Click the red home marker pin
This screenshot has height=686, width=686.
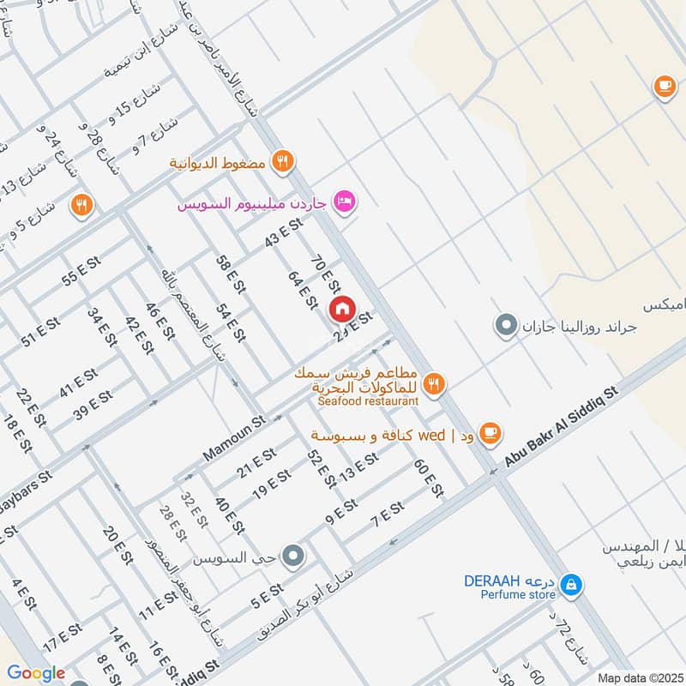341,308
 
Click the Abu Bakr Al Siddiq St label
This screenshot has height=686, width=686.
562,427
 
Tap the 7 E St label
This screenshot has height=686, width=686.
387,515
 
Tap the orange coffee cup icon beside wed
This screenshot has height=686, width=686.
490,433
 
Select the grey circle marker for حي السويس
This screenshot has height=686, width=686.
293,557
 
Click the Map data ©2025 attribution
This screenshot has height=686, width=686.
640,677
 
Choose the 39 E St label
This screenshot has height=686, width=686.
93,405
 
